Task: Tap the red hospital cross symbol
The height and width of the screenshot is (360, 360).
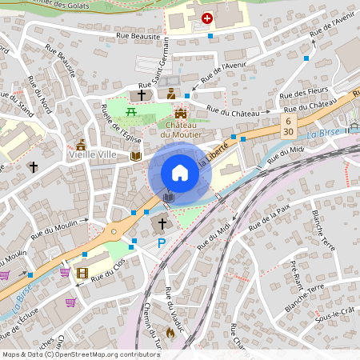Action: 207,18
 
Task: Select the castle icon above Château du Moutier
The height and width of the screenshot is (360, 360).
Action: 181,113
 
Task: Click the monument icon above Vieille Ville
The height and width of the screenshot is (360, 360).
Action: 81,145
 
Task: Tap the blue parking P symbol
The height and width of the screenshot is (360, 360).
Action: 161,242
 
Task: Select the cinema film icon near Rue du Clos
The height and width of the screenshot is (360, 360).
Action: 82,273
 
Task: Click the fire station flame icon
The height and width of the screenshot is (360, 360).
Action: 169,332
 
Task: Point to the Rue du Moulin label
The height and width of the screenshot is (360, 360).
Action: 58,230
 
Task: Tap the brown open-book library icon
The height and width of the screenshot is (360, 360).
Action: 136,156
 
